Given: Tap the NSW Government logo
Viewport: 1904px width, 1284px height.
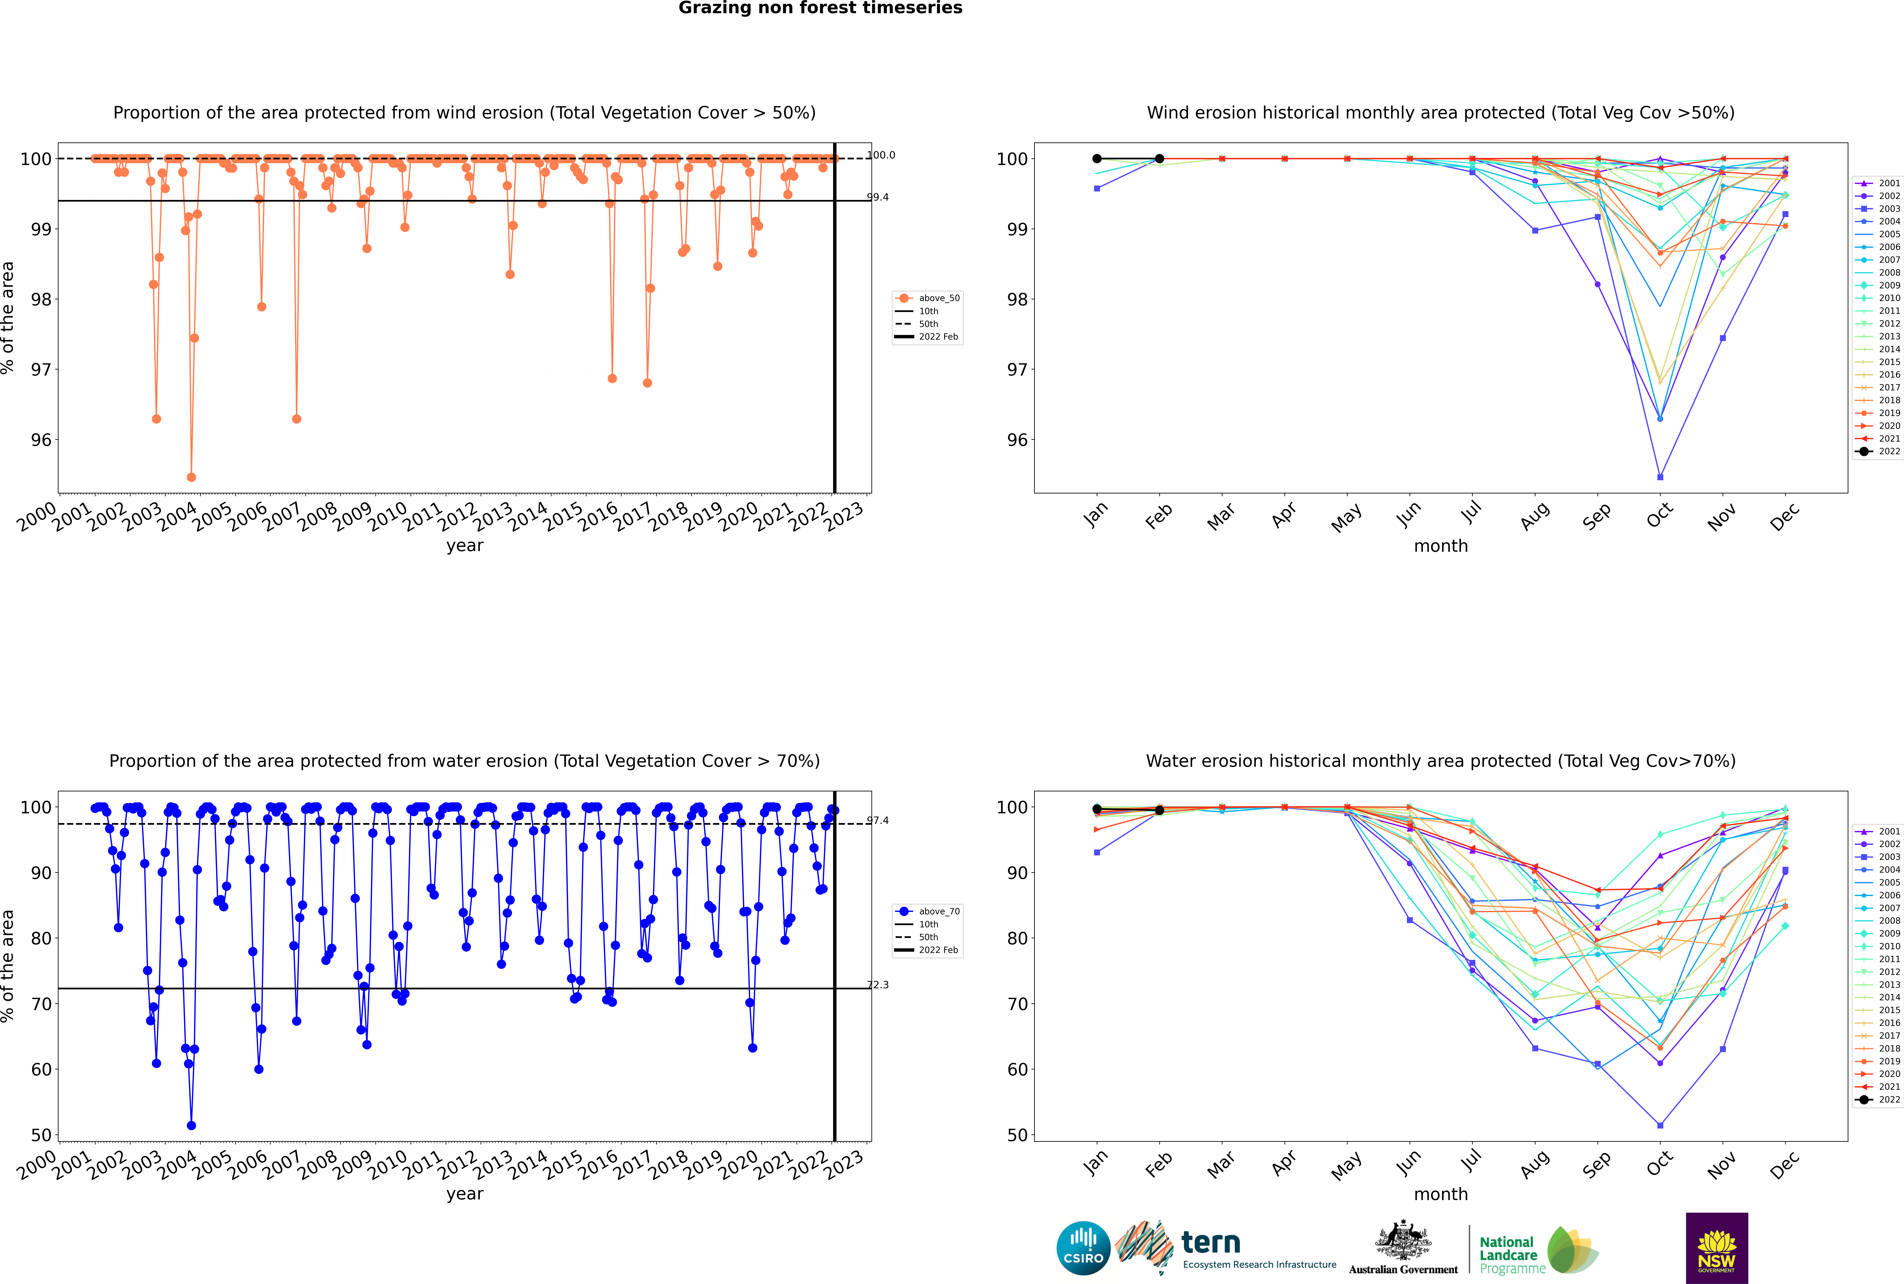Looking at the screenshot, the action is pyautogui.click(x=1717, y=1248).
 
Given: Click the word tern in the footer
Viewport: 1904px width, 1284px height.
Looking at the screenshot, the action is pyautogui.click(x=1211, y=1243).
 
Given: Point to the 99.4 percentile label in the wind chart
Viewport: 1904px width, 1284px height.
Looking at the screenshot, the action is pyautogui.click(x=878, y=197).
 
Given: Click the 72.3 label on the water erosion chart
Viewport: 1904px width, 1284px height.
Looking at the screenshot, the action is pyautogui.click(x=878, y=985).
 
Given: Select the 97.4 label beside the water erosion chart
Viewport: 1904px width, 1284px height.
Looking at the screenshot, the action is pyautogui.click(x=878, y=820).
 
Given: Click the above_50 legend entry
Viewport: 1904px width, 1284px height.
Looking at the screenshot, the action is pyautogui.click(x=928, y=298).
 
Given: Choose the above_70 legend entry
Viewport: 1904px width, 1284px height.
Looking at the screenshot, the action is pyautogui.click(x=928, y=911).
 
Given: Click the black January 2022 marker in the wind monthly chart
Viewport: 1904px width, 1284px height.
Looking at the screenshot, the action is pyautogui.click(x=1097, y=159).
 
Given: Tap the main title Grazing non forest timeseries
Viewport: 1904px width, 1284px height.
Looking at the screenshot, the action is pyautogui.click(x=820, y=8).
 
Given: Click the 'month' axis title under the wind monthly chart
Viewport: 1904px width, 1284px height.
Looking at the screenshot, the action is pyautogui.click(x=1441, y=546).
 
